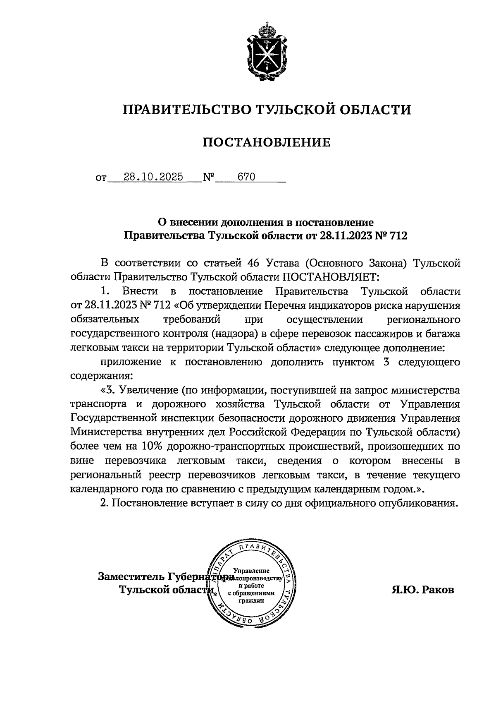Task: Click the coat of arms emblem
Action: tap(267, 53)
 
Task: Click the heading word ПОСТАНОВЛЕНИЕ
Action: tap(267, 142)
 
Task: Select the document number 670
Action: tap(246, 178)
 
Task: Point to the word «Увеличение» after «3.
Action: tap(145, 390)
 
